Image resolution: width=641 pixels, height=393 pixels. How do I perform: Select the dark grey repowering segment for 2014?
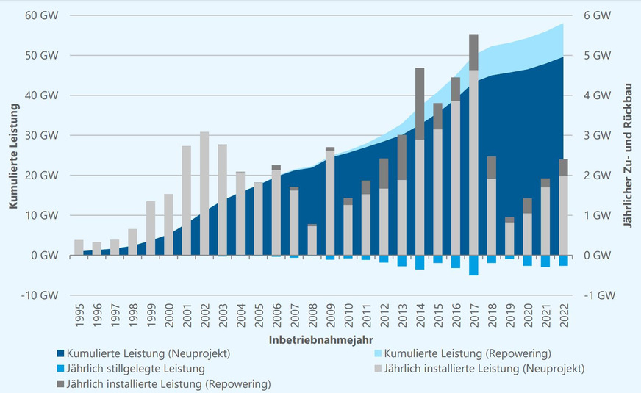[x=420, y=104]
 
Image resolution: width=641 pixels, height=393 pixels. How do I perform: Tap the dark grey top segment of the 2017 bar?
[x=473, y=52]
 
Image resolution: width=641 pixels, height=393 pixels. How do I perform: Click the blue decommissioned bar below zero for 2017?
[x=473, y=265]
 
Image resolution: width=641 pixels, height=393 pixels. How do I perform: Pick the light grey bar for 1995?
[x=79, y=248]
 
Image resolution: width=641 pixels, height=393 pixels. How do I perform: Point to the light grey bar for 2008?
[x=312, y=240]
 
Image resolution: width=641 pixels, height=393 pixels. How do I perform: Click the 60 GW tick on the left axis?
[x=43, y=15]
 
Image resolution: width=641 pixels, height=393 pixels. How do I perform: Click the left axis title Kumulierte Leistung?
[x=13, y=156]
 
